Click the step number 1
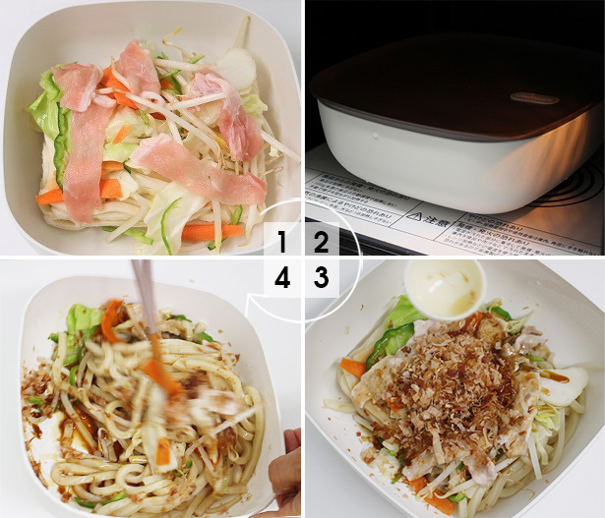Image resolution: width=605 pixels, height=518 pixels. [x=283, y=242]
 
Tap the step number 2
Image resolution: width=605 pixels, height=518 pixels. [x=321, y=242]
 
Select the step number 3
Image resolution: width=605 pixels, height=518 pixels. [x=321, y=278]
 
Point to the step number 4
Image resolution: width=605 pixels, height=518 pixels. [x=283, y=278]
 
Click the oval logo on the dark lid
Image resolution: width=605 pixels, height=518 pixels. [x=534, y=97]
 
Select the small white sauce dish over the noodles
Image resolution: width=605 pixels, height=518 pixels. [x=445, y=287]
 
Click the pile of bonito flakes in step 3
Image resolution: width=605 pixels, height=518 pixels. [x=453, y=383]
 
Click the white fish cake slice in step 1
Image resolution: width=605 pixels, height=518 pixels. [x=236, y=67]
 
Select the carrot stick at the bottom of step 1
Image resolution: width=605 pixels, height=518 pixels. [x=212, y=232]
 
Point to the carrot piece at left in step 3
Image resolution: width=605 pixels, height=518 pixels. [x=352, y=368]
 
